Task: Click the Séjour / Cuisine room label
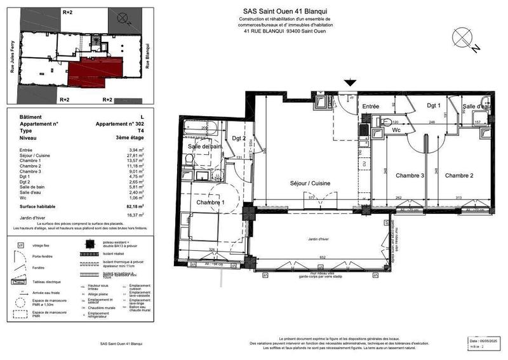pos(310,183)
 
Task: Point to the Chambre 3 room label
pos(410,175)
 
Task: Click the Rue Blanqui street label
pos(147,56)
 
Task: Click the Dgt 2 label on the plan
pos(238,138)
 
